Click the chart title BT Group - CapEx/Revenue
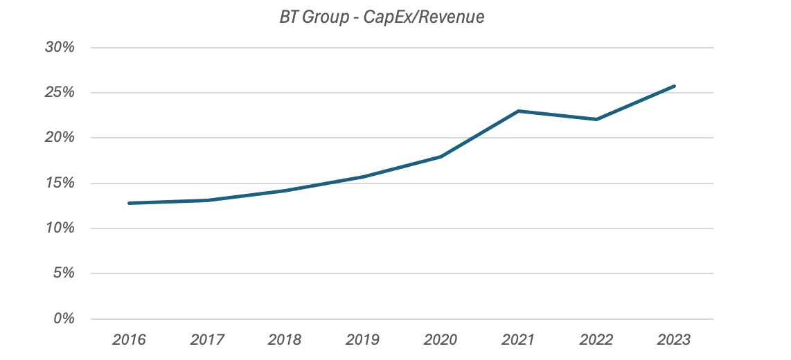tap(380, 17)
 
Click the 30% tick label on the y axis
tap(60, 48)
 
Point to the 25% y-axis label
tap(60, 93)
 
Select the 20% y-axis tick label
tap(60, 138)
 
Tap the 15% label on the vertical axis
tap(60, 183)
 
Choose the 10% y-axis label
tap(60, 228)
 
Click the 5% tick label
tap(64, 273)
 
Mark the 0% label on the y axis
tap(64, 318)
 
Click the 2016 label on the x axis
tap(130, 340)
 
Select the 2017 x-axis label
tap(207, 340)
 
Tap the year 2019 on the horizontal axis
tap(363, 340)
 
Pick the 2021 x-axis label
tap(519, 340)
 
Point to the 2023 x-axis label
tap(674, 340)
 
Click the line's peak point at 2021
tap(519, 111)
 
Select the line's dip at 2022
tap(596, 119)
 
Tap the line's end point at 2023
tap(674, 87)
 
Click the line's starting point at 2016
tap(130, 203)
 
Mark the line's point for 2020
tap(441, 156)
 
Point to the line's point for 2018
tap(285, 190)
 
